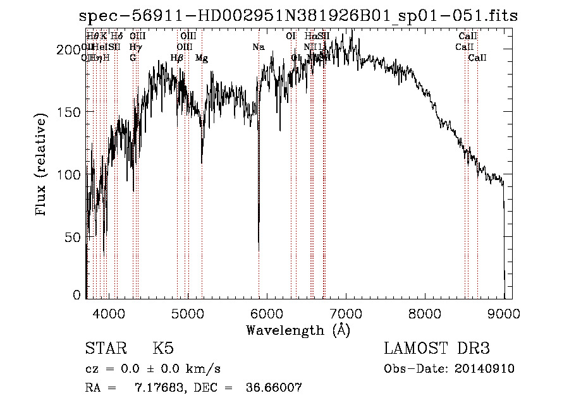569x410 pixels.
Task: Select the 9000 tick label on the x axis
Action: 504,312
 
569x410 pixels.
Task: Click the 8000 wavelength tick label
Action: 425,312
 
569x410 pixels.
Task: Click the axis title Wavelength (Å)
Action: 298,330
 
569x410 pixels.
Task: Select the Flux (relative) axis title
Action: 42,166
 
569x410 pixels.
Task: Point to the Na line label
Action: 258,47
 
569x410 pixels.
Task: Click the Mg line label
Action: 202,58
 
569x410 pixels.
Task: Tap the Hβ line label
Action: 177,58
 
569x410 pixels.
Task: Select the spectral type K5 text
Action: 163,349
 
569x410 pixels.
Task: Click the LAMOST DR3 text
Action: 436,349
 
